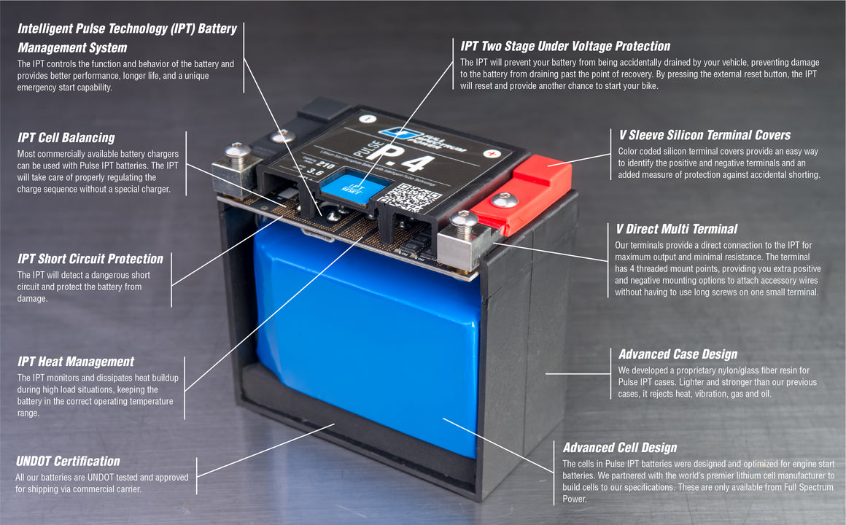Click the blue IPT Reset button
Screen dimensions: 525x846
pyautogui.click(x=353, y=187)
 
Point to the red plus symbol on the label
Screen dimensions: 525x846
pyautogui.click(x=494, y=154)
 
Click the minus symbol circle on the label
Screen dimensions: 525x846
pyautogui.click(x=368, y=119)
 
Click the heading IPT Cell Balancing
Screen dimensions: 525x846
pyautogui.click(x=66, y=138)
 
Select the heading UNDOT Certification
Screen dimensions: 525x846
pyautogui.click(x=68, y=461)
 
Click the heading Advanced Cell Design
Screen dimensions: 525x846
pyautogui.click(x=619, y=448)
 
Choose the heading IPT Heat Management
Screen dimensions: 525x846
pyautogui.click(x=76, y=362)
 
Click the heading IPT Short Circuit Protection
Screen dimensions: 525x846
pyautogui.click(x=90, y=259)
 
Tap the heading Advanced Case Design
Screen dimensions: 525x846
pyautogui.click(x=678, y=354)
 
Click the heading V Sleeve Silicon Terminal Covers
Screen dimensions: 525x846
pyautogui.click(x=704, y=135)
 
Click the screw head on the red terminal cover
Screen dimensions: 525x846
pyautogui.click(x=504, y=200)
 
